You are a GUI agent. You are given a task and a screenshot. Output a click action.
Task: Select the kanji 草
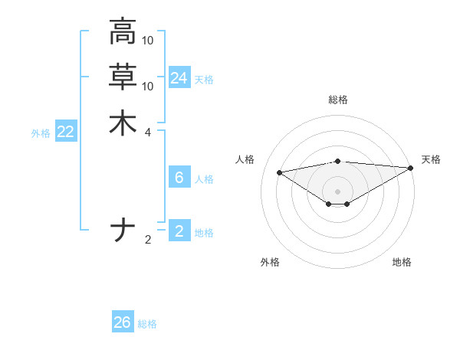tap(123, 77)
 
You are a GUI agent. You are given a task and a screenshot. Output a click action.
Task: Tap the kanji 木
tap(123, 123)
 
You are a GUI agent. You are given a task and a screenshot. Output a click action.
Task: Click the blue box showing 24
tap(179, 78)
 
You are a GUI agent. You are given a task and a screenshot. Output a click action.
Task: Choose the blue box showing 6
tap(179, 178)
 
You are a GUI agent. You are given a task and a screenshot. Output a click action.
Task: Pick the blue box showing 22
tap(66, 132)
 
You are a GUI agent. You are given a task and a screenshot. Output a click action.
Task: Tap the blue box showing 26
tap(123, 322)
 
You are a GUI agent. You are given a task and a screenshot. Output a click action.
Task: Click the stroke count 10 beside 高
tap(148, 40)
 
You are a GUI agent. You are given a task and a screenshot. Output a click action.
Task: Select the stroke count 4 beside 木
tap(148, 132)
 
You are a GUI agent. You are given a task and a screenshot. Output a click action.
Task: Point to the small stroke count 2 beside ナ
tap(148, 239)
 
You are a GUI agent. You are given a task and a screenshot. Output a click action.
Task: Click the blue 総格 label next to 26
tap(147, 324)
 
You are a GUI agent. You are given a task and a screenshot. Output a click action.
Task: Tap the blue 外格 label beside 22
tap(41, 133)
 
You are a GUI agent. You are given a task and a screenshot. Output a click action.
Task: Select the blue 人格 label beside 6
tap(204, 179)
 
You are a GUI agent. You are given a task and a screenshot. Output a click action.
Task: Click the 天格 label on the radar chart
tap(431, 159)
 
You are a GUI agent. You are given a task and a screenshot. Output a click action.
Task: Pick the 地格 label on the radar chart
tap(402, 262)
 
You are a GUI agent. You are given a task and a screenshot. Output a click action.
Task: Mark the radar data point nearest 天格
tap(411, 168)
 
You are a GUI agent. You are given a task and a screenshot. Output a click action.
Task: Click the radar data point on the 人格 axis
tap(280, 172)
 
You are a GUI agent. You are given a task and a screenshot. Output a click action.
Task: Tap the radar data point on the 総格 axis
tap(337, 162)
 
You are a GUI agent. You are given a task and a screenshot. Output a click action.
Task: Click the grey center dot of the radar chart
tap(337, 191)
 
